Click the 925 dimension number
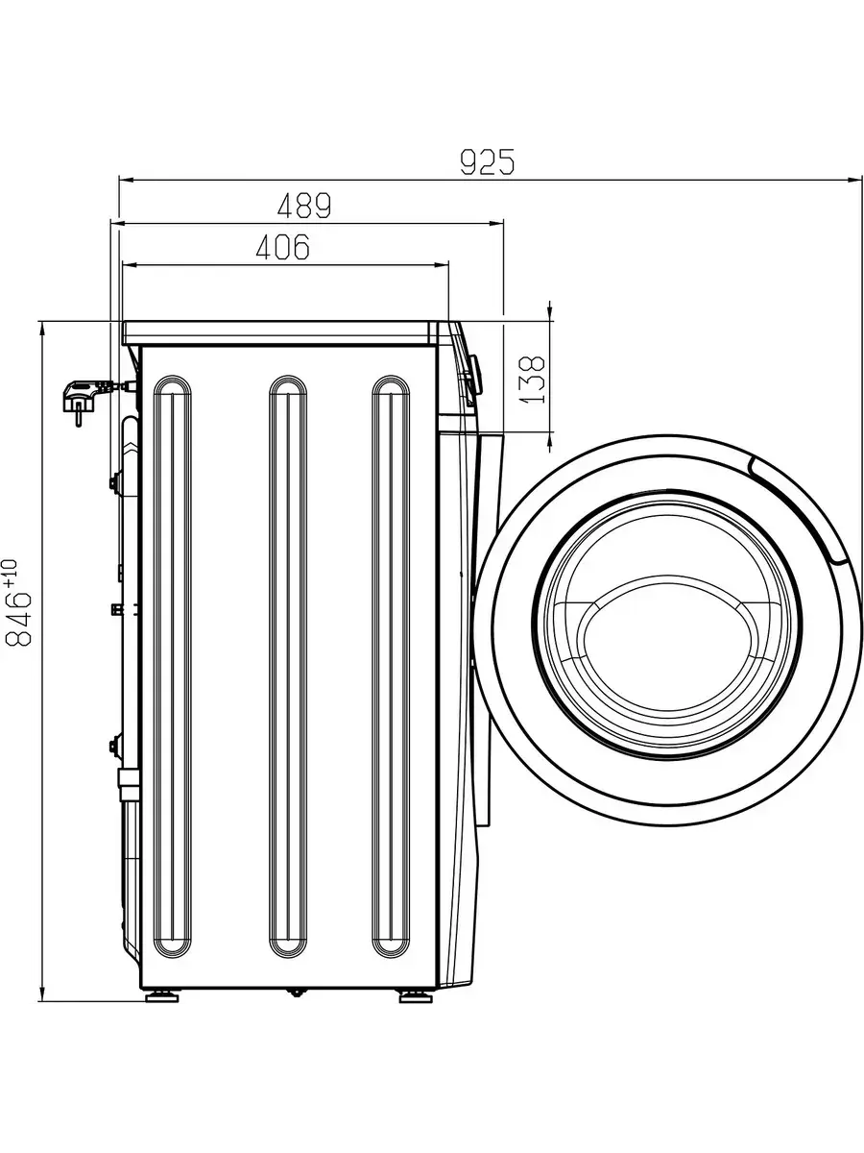point(488,161)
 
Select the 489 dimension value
point(304,206)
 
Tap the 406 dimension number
point(283,246)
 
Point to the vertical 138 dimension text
point(533,380)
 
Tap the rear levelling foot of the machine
point(162,996)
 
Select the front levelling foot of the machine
point(416,996)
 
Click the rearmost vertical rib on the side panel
point(172,668)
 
